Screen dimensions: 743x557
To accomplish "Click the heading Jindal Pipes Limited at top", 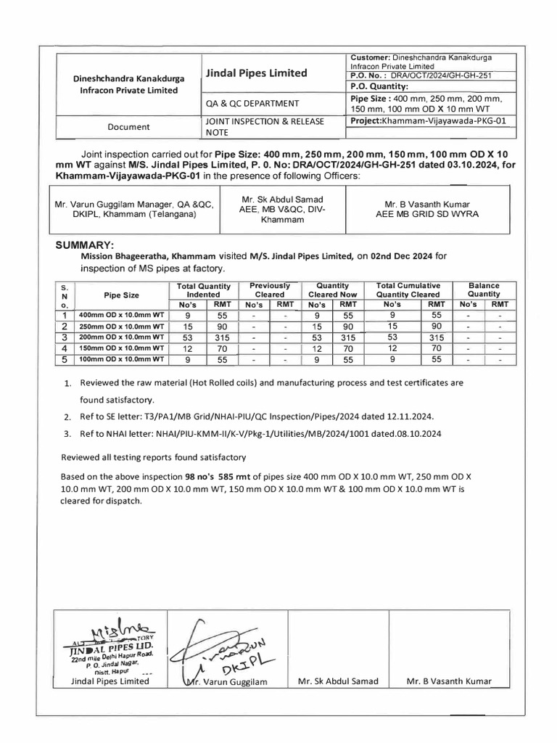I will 256,73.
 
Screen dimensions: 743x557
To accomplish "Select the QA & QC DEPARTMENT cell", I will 252,104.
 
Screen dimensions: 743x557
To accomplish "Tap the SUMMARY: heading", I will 86,245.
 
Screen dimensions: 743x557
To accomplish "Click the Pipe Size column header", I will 121,295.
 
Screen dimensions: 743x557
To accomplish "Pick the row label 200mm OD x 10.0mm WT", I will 122,337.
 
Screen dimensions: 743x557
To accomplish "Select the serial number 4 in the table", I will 64,348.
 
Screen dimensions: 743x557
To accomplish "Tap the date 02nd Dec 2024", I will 405,255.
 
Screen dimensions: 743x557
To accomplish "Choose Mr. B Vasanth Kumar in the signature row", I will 448,681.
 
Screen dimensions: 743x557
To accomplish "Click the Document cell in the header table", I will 128,126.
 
